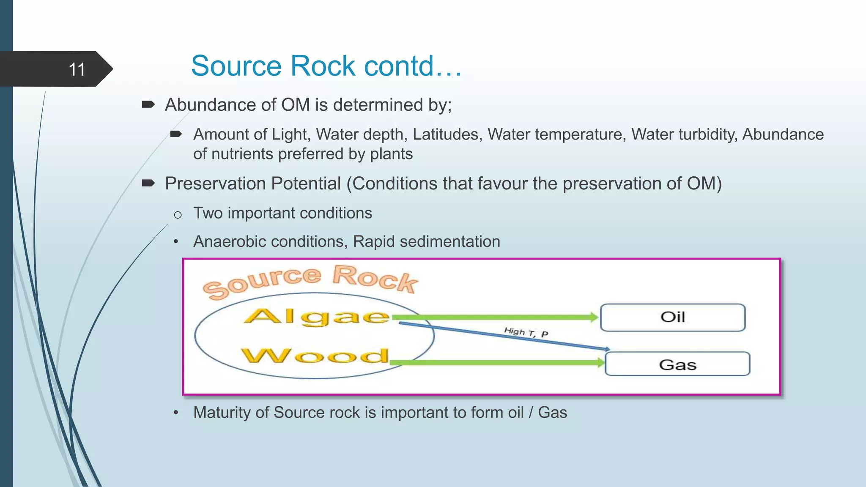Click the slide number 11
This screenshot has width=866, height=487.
tap(77, 69)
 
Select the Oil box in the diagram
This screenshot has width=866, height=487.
tap(672, 317)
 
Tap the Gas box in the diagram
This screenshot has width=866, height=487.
tap(677, 364)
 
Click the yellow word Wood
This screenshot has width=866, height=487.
tap(315, 356)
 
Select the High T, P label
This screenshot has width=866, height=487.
tap(526, 332)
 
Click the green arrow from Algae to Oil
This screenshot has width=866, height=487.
tap(495, 317)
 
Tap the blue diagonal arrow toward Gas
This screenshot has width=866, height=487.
tap(503, 336)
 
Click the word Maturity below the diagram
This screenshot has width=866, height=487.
tap(222, 412)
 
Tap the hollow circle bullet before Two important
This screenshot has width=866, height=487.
tap(178, 215)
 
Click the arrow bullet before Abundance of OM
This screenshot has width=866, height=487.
tap(148, 104)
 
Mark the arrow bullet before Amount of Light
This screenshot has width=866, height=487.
tap(176, 134)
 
